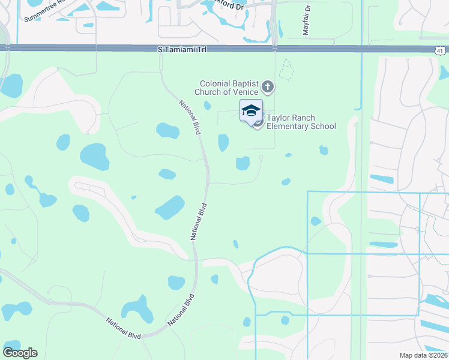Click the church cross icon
coord(268,88)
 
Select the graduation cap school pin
coord(252,110)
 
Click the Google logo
coord(20,353)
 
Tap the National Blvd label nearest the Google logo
coord(124,328)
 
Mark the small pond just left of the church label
coord(207,106)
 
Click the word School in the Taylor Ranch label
coord(324,126)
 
